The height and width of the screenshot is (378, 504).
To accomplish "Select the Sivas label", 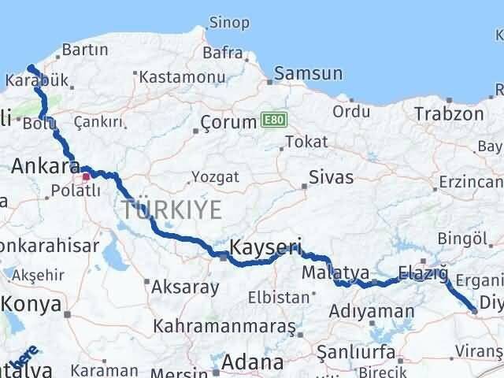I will [x=332, y=176].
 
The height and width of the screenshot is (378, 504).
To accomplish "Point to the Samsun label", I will [x=309, y=74].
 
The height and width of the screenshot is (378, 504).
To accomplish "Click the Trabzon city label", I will [x=450, y=113].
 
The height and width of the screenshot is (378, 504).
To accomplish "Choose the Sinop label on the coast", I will [x=230, y=22].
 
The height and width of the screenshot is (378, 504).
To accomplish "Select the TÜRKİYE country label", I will [x=171, y=209].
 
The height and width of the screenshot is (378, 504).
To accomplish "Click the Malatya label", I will [x=335, y=272].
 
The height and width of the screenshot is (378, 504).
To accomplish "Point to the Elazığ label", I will [x=423, y=273].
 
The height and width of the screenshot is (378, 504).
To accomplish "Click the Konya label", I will [x=31, y=302].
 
